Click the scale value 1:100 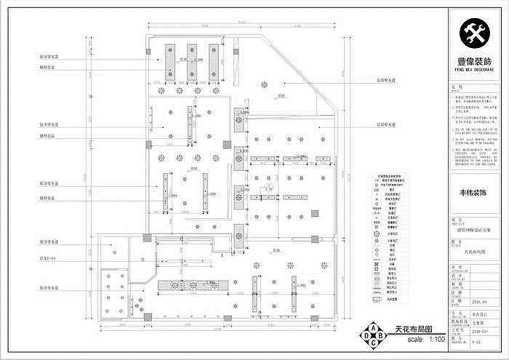pos(436,340)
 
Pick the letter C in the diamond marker pos(374,344)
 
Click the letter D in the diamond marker pos(365,336)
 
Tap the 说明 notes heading pos(456,85)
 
